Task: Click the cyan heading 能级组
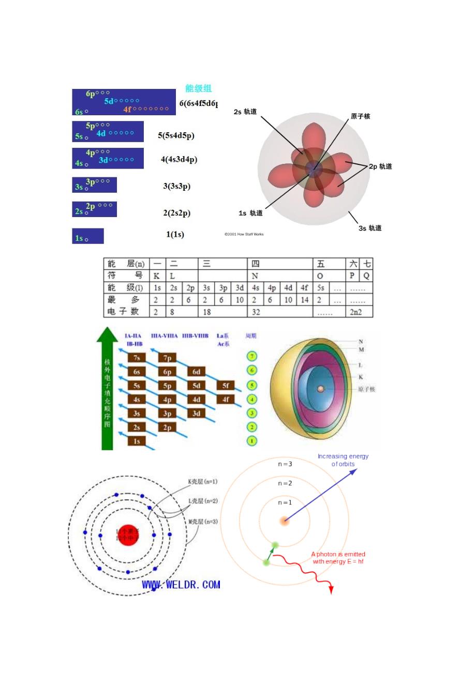tap(199, 88)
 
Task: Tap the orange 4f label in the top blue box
tap(127, 109)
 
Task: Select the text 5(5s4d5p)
tap(176, 135)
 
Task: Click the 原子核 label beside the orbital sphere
tap(360, 116)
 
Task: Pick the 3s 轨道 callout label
tap(370, 228)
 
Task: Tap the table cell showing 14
tap(304, 300)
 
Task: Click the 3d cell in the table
tap(239, 288)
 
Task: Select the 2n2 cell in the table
tap(355, 312)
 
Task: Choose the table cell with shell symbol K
tap(157, 276)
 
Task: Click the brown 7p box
tap(168, 358)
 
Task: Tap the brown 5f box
tap(226, 386)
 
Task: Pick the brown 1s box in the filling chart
tap(137, 441)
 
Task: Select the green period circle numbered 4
tap(251, 399)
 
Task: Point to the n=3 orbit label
tap(285, 464)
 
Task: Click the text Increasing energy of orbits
tap(343, 460)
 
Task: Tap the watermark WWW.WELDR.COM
tap(181, 585)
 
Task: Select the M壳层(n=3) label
tap(203, 522)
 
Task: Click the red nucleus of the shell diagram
tap(128, 534)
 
